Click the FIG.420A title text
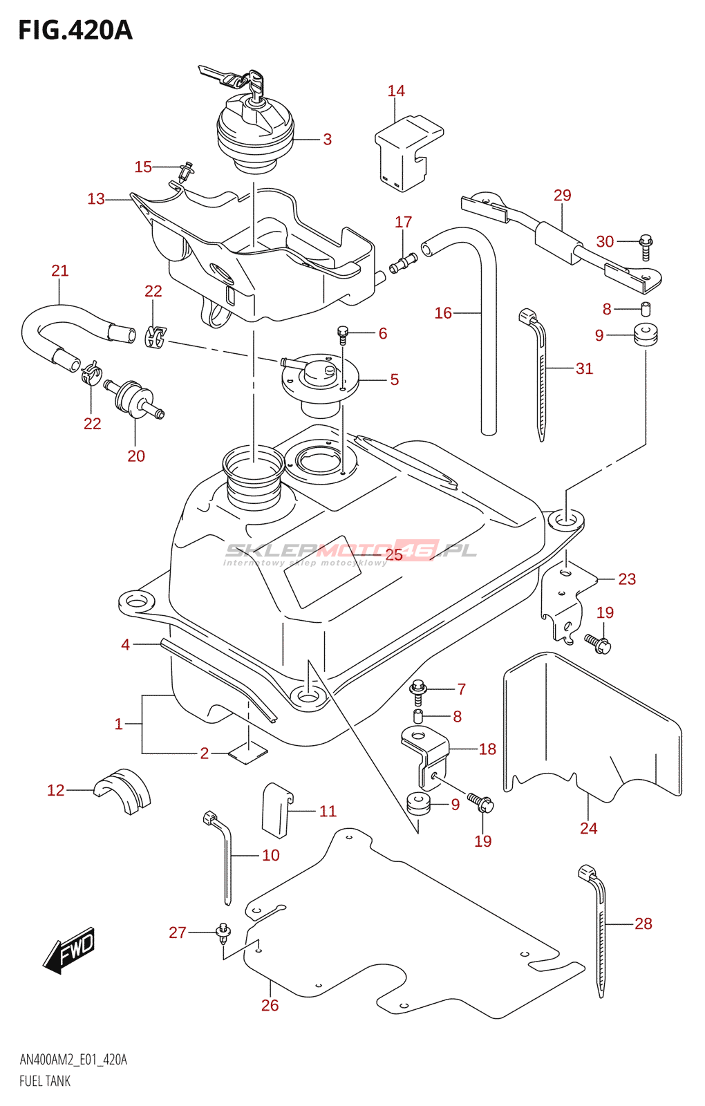click(x=75, y=30)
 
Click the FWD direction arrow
click(x=69, y=950)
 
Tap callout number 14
click(x=396, y=91)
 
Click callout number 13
click(x=96, y=199)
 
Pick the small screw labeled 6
click(x=342, y=335)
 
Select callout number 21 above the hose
click(x=60, y=271)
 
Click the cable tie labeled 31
click(x=539, y=373)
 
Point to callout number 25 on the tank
click(x=394, y=554)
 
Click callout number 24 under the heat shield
click(x=588, y=828)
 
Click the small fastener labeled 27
click(x=223, y=932)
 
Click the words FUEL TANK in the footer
click(x=45, y=1081)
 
